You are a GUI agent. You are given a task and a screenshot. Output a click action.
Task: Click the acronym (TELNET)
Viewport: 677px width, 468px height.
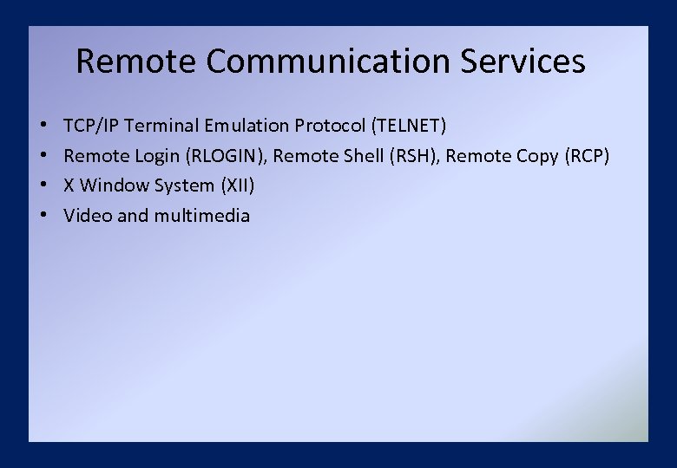coord(409,126)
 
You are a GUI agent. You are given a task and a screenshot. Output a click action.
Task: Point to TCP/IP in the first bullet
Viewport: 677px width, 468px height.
coord(91,126)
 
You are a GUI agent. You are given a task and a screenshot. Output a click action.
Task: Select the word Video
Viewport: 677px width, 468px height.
coord(88,216)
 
